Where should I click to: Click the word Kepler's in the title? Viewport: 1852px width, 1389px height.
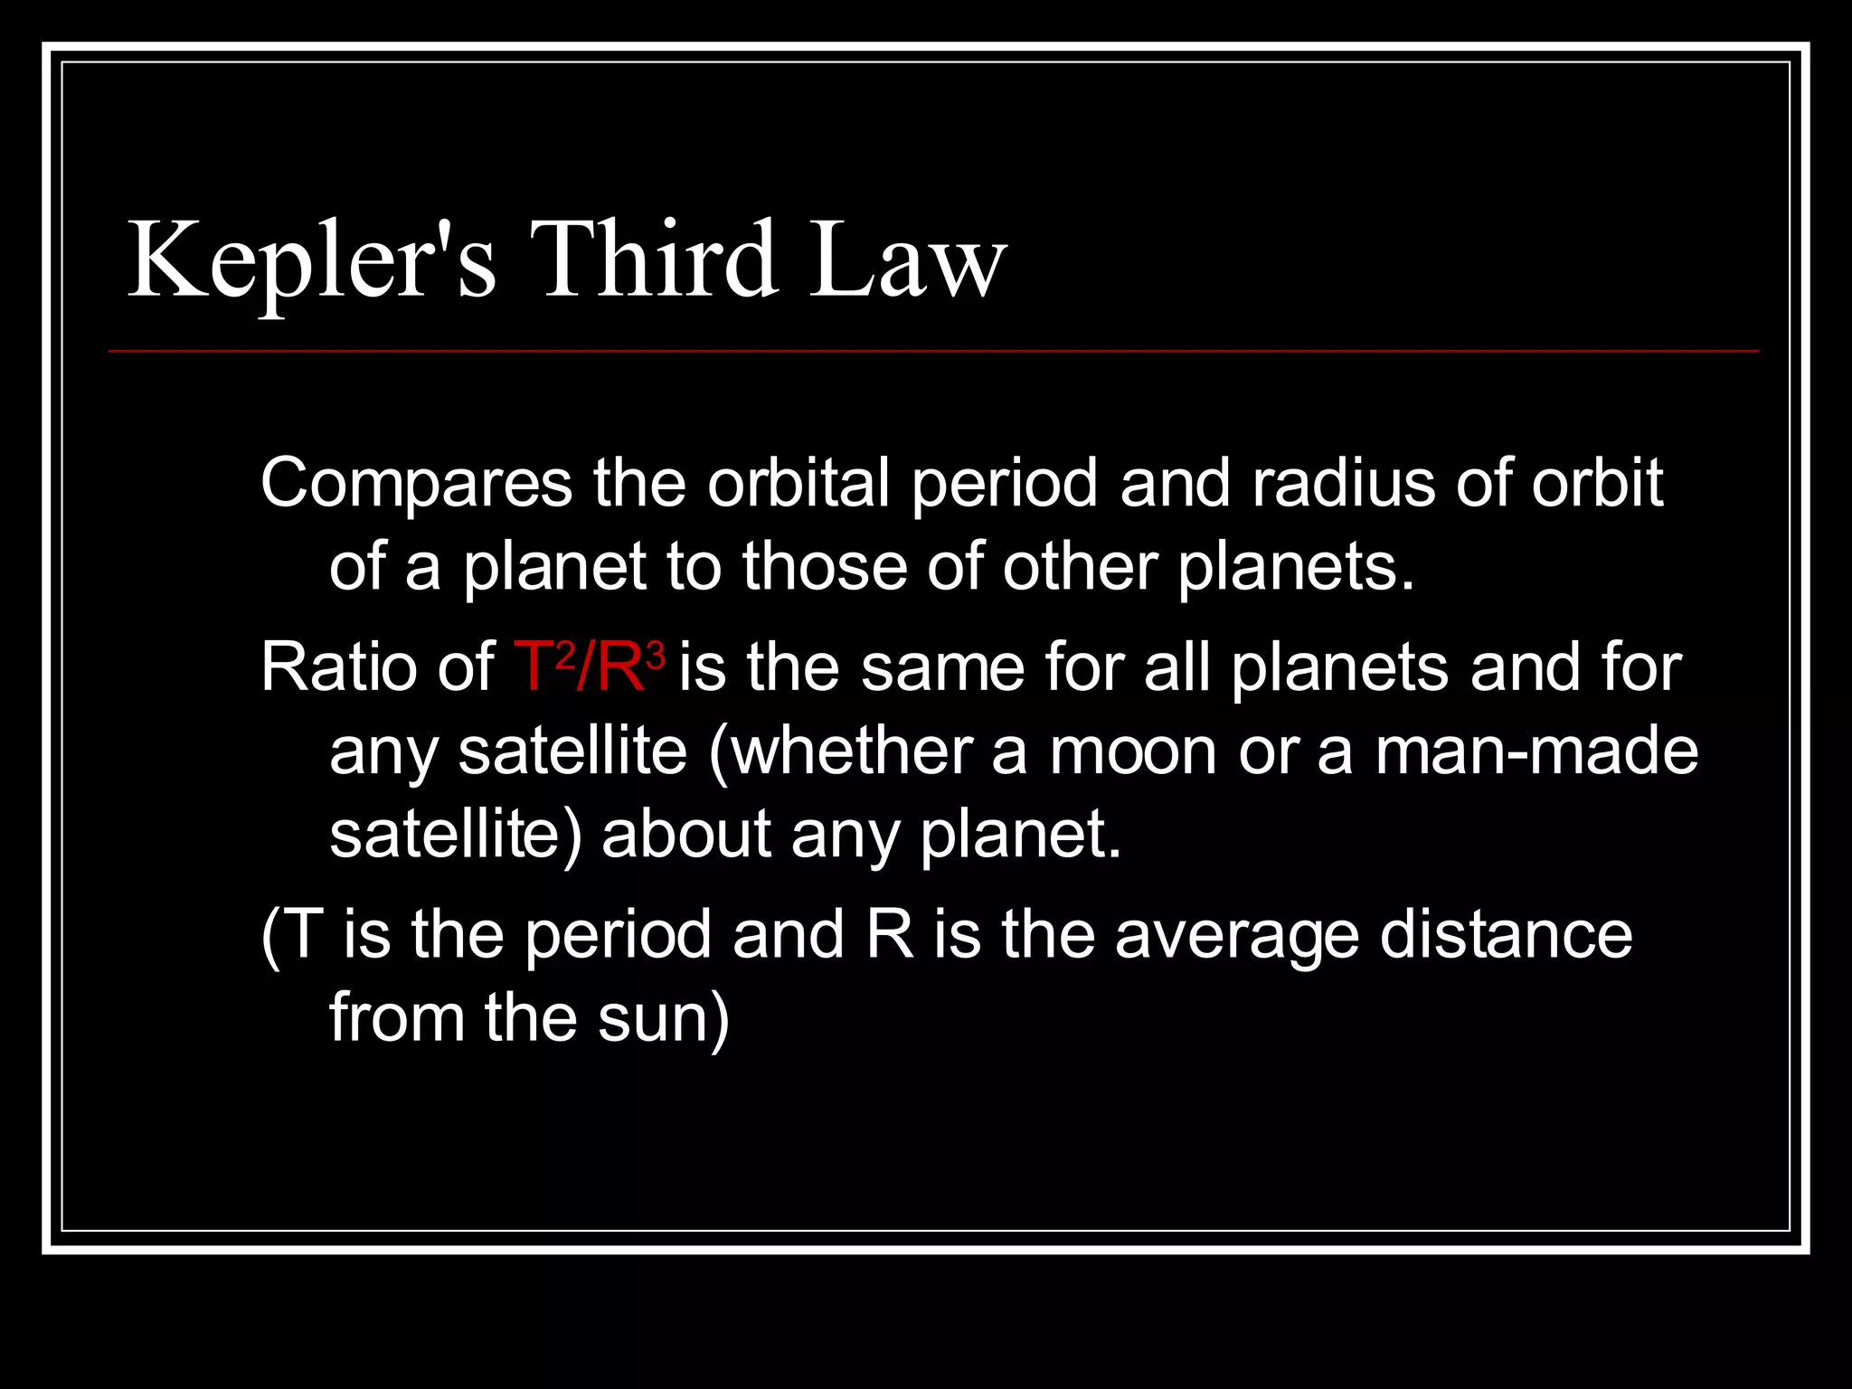tap(311, 260)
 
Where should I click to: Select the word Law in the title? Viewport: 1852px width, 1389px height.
tap(907, 260)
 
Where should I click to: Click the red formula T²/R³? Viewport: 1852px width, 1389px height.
tap(590, 667)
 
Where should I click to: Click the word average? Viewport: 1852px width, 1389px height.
tap(1236, 937)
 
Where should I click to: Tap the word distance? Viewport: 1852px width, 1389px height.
tap(1506, 935)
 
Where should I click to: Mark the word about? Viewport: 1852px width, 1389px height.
tap(685, 834)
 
